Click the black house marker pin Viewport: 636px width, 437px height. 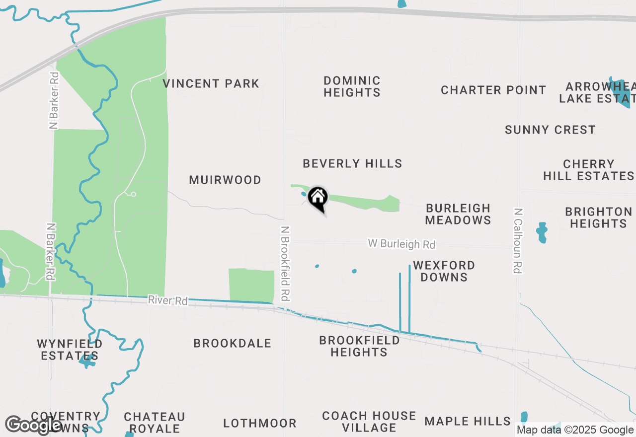point(318,199)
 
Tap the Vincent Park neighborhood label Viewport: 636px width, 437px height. point(211,83)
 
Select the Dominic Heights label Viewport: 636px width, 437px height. point(352,86)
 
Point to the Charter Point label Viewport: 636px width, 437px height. point(493,90)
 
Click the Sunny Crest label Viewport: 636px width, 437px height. point(550,130)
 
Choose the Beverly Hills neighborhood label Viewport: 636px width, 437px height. point(352,163)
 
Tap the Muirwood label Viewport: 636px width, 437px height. point(225,180)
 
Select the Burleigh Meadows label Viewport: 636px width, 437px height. point(458,214)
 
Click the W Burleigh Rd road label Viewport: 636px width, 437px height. point(401,244)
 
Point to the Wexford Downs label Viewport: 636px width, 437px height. point(444,271)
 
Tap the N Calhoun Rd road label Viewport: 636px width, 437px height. point(518,240)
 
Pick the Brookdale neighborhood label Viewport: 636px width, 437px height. point(232,343)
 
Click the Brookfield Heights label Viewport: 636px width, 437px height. point(359,346)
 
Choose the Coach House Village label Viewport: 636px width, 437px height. point(369,422)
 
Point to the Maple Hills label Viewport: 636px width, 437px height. point(468,422)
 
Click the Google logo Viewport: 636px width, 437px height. point(33,425)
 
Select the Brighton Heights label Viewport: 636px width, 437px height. point(598,218)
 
